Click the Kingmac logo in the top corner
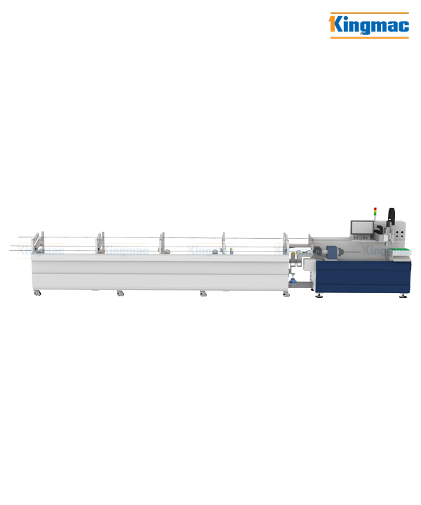[x=369, y=25]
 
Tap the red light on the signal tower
[x=375, y=209]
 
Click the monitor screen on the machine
[x=362, y=228]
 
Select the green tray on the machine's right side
[x=401, y=252]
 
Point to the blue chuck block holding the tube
[x=331, y=251]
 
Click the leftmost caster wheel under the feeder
[x=37, y=293]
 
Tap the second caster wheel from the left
[x=120, y=293]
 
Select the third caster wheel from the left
[x=203, y=294]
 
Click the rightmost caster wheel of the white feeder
[x=286, y=294]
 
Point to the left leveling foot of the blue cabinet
[x=319, y=295]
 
